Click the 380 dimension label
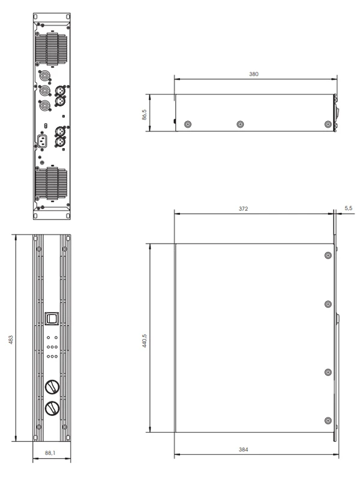pos(254,74)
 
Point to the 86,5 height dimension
pos(145,115)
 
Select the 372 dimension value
pos(244,209)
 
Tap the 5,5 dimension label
pos(349,208)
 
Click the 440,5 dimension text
pos(145,340)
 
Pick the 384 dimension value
pos(244,449)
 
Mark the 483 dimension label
pos(11,340)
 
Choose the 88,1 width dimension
pos(50,453)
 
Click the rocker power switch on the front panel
pos(52,319)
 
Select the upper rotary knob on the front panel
pos(52,387)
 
